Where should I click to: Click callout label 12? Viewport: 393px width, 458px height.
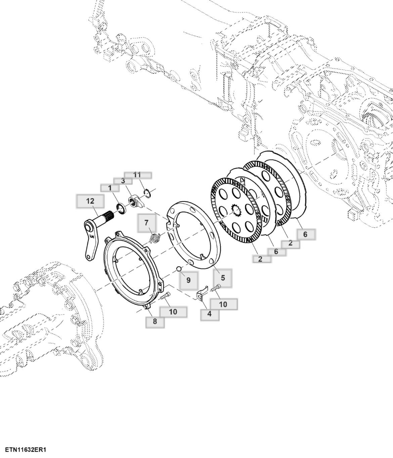pyautogui.click(x=90, y=201)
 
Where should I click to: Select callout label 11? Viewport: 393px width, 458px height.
pyautogui.click(x=137, y=175)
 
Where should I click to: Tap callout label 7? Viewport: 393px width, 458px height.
pyautogui.click(x=146, y=223)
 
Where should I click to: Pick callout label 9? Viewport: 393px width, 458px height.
pyautogui.click(x=188, y=280)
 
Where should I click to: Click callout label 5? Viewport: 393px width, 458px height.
pyautogui.click(x=223, y=278)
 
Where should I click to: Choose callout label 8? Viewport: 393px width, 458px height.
pyautogui.click(x=155, y=322)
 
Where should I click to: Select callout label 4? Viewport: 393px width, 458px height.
pyautogui.click(x=210, y=314)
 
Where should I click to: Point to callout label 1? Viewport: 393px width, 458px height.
pyautogui.click(x=110, y=188)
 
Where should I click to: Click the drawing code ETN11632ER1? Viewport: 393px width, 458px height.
pyautogui.click(x=26, y=450)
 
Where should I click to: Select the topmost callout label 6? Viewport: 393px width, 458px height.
pyautogui.click(x=305, y=234)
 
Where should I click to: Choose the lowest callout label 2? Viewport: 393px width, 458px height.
pyautogui.click(x=260, y=259)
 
